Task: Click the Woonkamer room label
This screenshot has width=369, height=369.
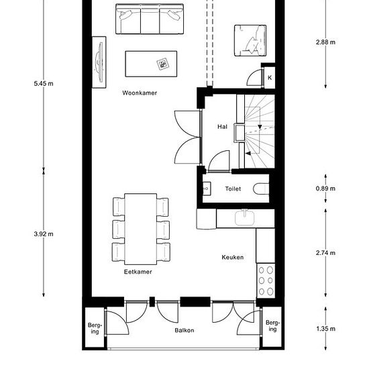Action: (140, 93)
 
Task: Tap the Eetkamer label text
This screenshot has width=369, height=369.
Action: (138, 272)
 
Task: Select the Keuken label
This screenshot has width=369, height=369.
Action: (233, 257)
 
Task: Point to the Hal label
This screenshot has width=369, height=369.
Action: (222, 127)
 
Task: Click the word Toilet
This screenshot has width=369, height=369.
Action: (233, 189)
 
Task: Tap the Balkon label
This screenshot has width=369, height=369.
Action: (184, 330)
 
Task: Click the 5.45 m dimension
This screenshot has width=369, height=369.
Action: (44, 84)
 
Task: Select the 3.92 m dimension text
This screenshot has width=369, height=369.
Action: (44, 234)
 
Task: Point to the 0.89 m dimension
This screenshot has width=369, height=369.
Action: (325, 189)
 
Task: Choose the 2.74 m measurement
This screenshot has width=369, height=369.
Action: (325, 253)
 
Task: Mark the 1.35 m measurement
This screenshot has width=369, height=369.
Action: (325, 329)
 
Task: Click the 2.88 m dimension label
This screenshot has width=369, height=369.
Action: (325, 42)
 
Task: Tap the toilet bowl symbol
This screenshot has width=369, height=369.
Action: (261, 189)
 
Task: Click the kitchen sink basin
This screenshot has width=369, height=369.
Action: (245, 217)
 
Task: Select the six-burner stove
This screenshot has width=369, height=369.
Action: (266, 280)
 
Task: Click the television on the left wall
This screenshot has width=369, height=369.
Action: (99, 62)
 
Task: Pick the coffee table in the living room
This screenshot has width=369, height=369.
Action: (151, 64)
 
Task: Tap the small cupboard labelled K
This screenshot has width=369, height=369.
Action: (270, 78)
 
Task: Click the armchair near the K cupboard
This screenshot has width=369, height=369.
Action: (250, 40)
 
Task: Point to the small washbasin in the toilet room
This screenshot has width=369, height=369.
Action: (207, 189)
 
